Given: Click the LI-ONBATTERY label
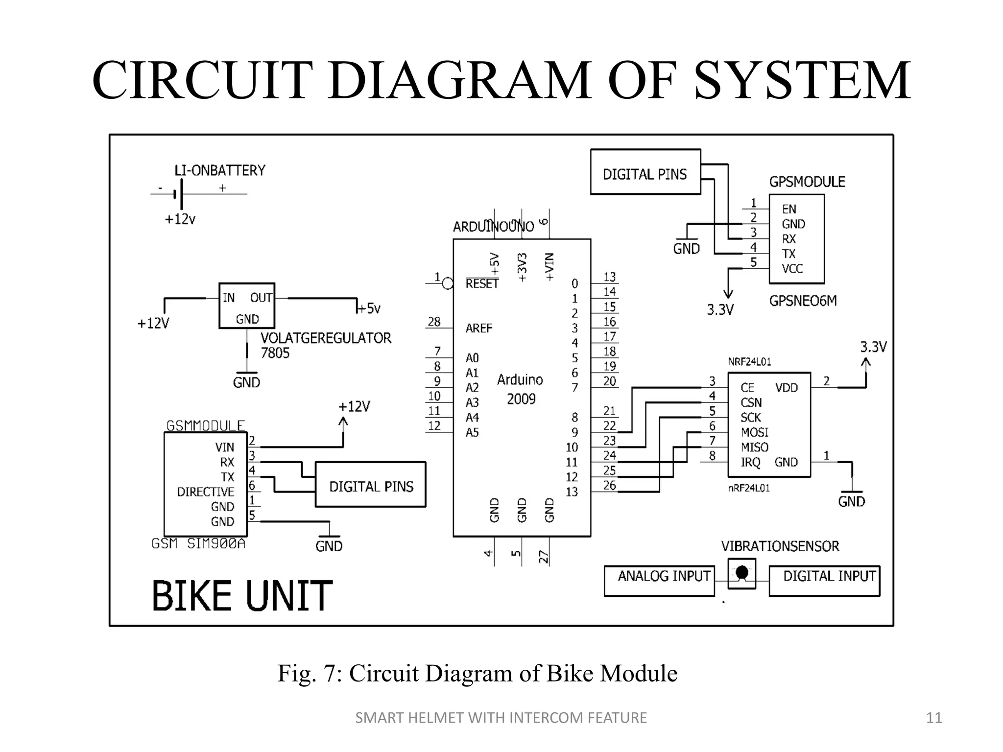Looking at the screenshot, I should coord(220,170).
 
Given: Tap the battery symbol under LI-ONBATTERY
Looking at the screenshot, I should coord(179,194).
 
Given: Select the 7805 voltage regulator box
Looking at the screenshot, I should coord(246,306).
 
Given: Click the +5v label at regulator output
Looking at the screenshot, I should coord(369,308).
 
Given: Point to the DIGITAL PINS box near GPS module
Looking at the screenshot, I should coord(645,172).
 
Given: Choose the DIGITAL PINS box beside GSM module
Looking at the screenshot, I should coord(371,485).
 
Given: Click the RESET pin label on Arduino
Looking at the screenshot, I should coord(481,284).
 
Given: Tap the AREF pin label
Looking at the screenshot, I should coord(478,328).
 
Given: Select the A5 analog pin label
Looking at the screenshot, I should coord(472,432).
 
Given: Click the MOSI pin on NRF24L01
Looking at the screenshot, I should coord(754,432).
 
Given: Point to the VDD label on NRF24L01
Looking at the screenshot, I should coord(787,388).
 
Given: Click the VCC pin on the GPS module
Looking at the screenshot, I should coord(792,269).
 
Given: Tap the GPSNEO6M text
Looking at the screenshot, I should coord(803,301).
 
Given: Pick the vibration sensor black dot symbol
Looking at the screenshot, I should coord(742,572).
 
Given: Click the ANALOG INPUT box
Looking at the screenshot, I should coord(659,581).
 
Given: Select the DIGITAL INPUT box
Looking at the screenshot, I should coord(824,581).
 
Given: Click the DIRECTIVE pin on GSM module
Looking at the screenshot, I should coord(206,492).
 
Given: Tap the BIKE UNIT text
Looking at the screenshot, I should coord(242,596).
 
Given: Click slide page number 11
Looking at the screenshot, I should coord(934,718).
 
